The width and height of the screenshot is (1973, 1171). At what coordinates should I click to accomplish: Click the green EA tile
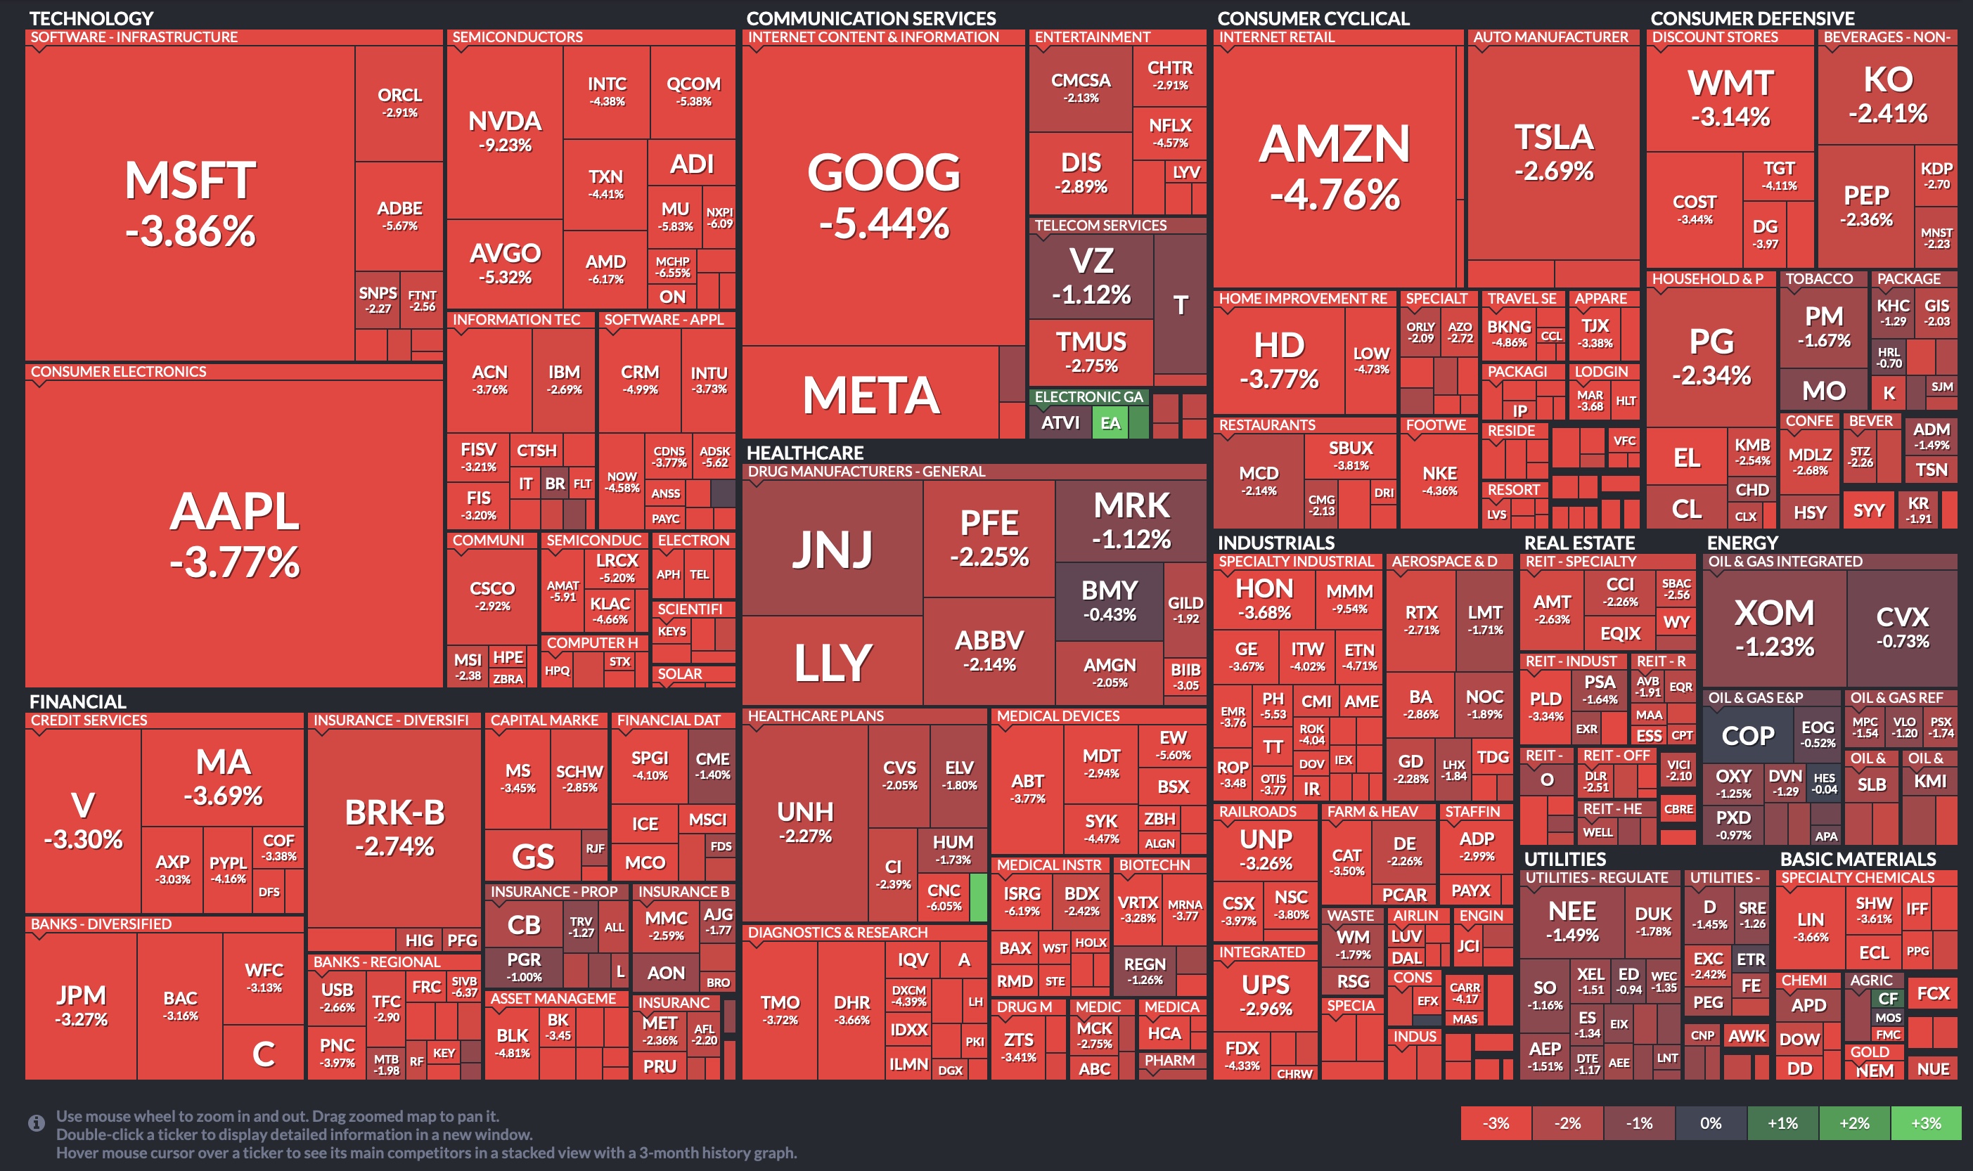(x=1110, y=423)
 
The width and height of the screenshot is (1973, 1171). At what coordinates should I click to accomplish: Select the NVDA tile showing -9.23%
(x=504, y=131)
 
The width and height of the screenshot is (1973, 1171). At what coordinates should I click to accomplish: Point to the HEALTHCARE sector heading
(x=804, y=453)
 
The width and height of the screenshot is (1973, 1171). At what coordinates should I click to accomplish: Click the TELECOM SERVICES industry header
(x=1100, y=226)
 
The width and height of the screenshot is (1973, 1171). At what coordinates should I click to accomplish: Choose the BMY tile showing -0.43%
(x=1109, y=600)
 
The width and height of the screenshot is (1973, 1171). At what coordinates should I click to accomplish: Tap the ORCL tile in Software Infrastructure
(x=399, y=102)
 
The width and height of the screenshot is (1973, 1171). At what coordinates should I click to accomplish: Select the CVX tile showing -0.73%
(x=1902, y=626)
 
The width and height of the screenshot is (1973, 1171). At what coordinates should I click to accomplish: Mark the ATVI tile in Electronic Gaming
(x=1059, y=423)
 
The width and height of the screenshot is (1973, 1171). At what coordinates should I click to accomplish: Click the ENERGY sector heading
(x=1742, y=543)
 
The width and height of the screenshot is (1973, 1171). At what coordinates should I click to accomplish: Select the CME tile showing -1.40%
(x=712, y=765)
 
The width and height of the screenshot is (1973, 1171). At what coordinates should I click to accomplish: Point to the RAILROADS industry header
(x=1257, y=812)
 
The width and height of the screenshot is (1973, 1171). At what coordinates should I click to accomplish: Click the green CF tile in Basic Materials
(x=1888, y=998)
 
